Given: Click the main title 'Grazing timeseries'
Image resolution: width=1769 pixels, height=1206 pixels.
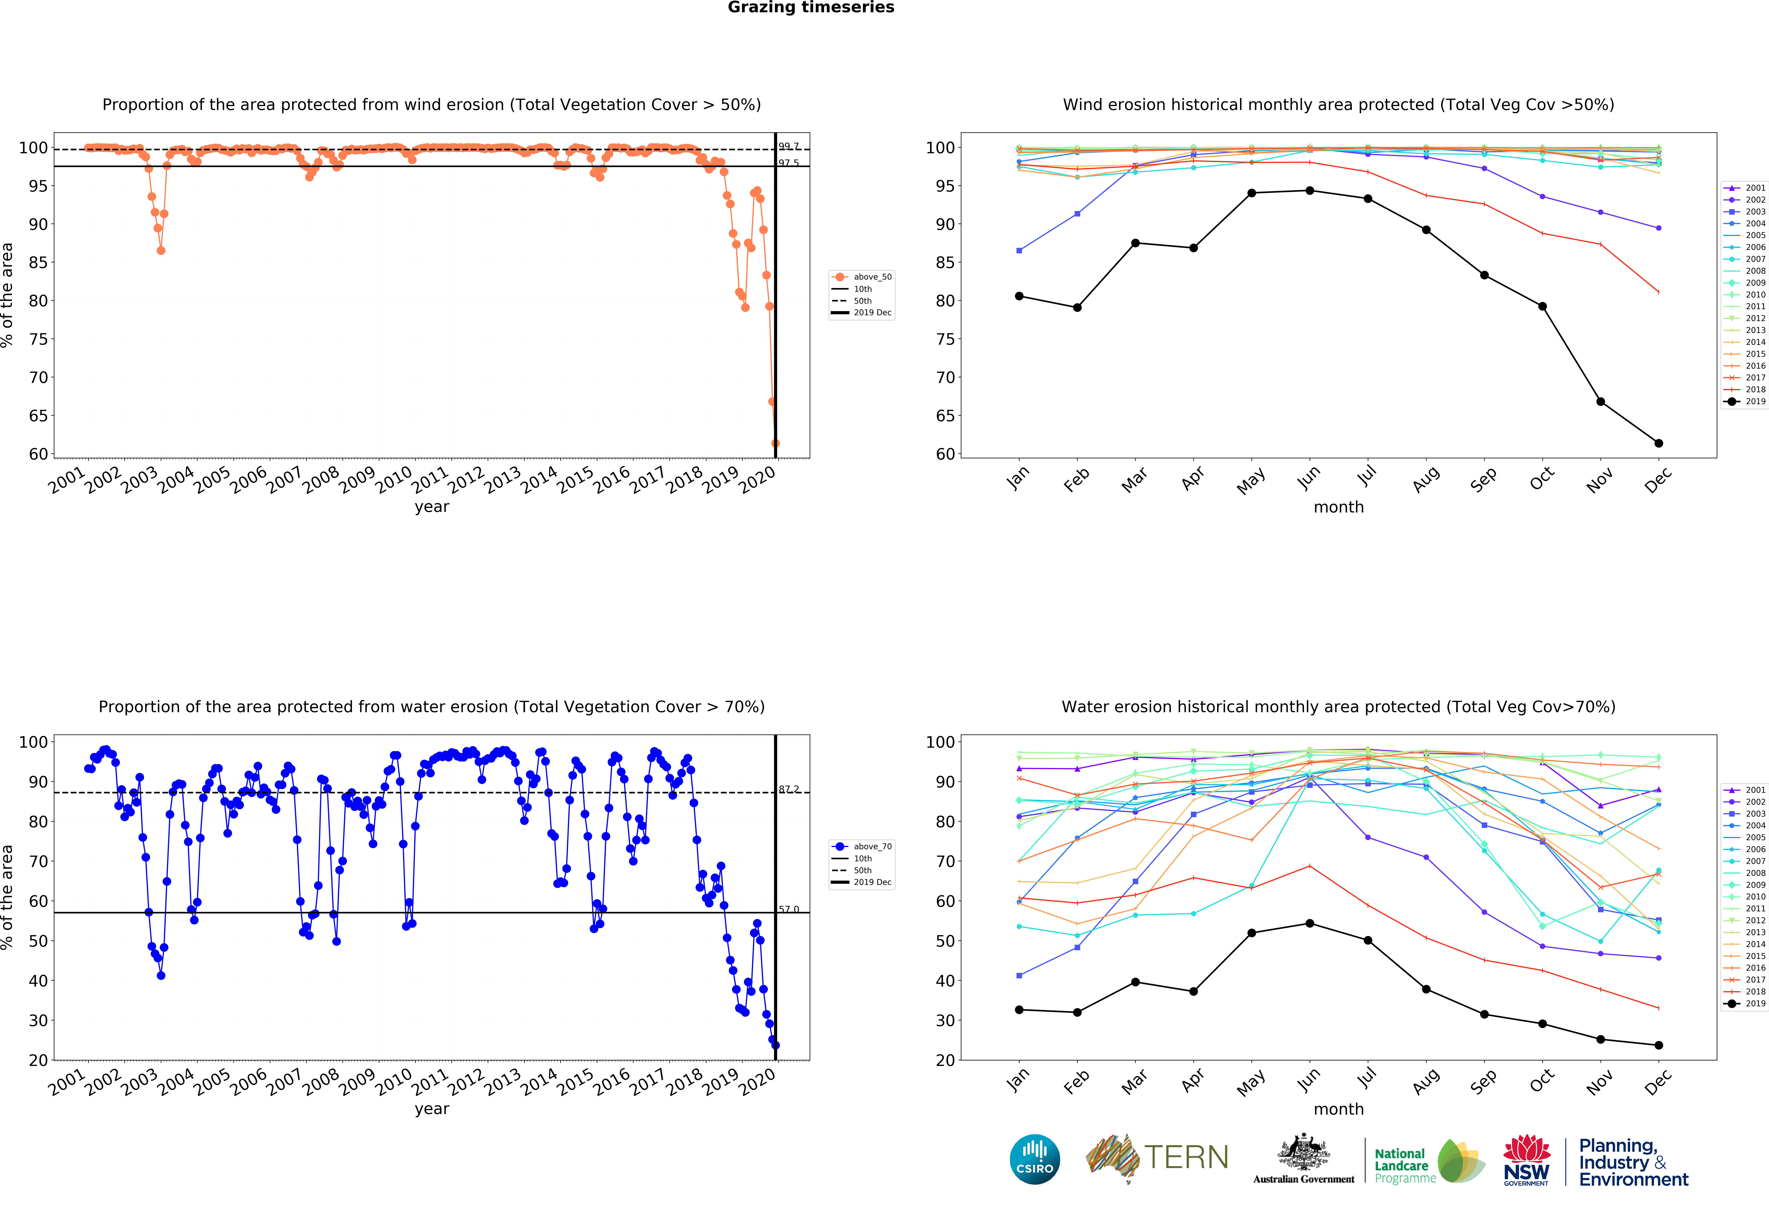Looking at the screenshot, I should click(x=811, y=8).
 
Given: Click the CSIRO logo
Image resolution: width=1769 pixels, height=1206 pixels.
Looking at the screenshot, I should click(x=1034, y=1160).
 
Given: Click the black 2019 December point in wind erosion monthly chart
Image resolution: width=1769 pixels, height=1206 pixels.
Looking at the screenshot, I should click(x=1659, y=443).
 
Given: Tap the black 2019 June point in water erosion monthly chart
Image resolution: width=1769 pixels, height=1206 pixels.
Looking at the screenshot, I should click(x=1309, y=924).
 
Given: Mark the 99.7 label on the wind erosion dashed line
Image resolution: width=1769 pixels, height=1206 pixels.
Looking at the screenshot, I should click(x=789, y=146).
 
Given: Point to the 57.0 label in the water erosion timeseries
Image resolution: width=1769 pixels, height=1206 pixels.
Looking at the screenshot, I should click(x=789, y=909).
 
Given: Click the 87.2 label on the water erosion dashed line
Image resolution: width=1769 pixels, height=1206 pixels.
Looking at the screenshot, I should click(x=789, y=790).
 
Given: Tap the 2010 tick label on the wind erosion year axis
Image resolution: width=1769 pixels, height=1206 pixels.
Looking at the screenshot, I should click(x=394, y=480).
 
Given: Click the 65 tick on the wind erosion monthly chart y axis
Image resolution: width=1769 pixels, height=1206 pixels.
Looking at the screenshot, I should click(x=945, y=416).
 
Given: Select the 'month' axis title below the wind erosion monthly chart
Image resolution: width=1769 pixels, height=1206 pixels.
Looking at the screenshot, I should click(x=1338, y=507).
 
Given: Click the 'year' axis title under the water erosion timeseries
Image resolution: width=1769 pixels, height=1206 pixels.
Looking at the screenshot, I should click(x=432, y=1109).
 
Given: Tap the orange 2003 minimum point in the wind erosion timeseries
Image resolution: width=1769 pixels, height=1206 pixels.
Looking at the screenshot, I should click(x=161, y=250).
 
